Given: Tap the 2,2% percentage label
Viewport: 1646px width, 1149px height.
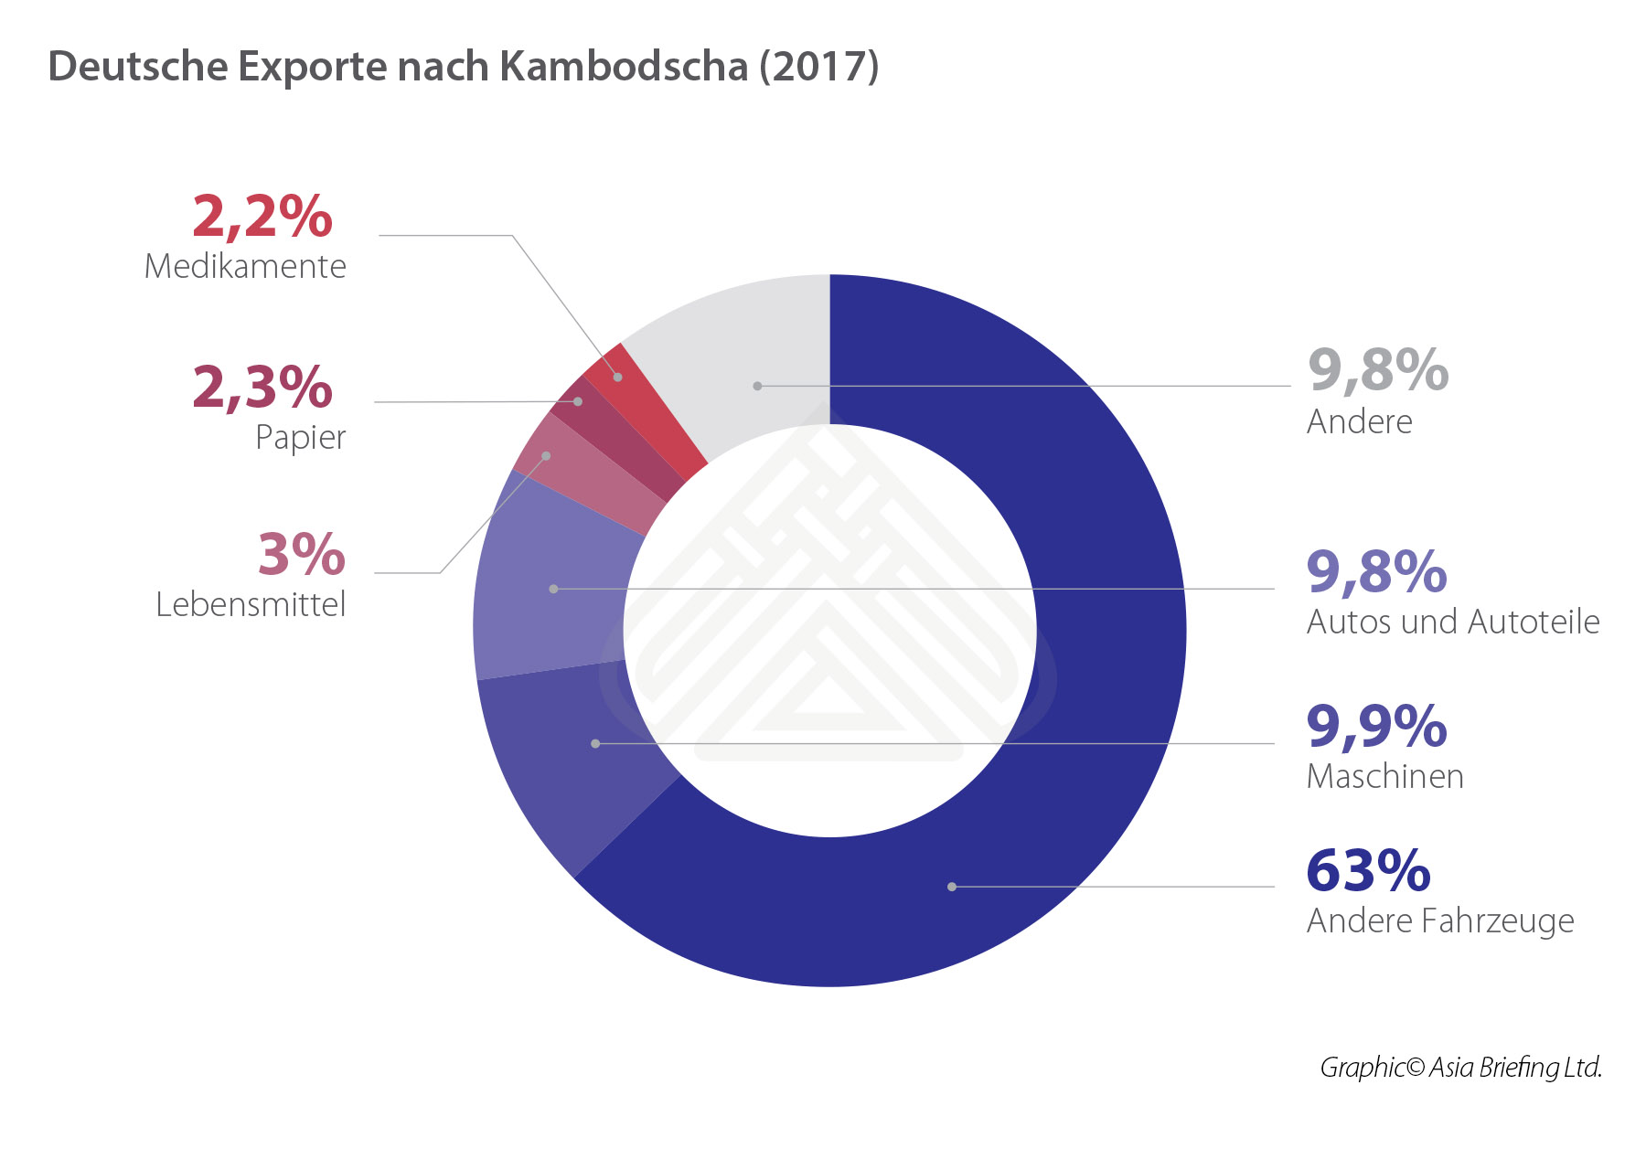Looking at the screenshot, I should click(262, 217).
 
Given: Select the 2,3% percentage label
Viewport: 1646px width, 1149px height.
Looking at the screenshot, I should click(262, 387).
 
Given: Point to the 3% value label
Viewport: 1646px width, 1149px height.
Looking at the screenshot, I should click(301, 554).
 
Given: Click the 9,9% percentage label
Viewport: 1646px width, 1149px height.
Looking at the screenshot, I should click(1376, 726).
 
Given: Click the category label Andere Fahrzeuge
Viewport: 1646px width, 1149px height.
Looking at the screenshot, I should click(1440, 920).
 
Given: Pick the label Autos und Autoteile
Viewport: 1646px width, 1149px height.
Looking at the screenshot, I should click(1453, 622).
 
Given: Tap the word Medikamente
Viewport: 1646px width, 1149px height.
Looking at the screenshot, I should click(245, 266).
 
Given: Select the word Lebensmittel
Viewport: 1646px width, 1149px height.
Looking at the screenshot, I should click(251, 604).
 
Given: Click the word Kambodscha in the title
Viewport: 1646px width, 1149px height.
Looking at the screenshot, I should click(625, 66).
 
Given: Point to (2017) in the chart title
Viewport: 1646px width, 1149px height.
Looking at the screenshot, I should click(819, 66).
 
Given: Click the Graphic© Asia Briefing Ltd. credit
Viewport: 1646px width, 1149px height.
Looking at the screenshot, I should click(1460, 1067).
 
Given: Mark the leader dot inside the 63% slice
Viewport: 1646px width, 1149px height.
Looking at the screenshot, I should click(952, 887).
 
